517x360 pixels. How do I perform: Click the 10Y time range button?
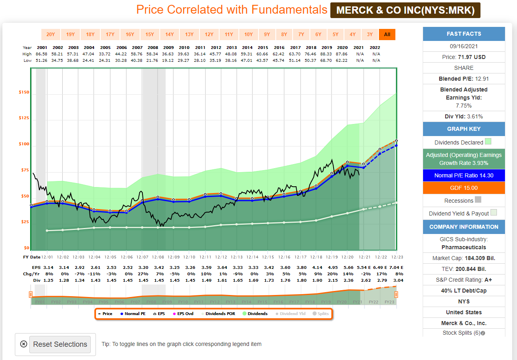click(248, 35)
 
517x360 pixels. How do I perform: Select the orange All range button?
click(387, 35)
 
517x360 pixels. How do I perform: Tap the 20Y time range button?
click(51, 35)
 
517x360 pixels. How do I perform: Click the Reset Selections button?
click(60, 344)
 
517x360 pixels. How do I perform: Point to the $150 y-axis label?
click(24, 92)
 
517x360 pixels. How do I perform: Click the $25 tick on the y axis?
click(25, 222)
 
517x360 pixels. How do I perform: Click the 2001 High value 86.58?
click(42, 53)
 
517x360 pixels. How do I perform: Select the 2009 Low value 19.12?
click(169, 60)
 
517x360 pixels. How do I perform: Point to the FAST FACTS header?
click(464, 34)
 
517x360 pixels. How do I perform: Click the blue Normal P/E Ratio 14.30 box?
click(464, 175)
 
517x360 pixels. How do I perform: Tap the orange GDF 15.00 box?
click(464, 188)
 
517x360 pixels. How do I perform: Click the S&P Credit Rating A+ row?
click(464, 280)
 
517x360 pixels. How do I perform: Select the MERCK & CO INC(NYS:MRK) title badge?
click(405, 10)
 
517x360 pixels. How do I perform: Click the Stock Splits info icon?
click(483, 333)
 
